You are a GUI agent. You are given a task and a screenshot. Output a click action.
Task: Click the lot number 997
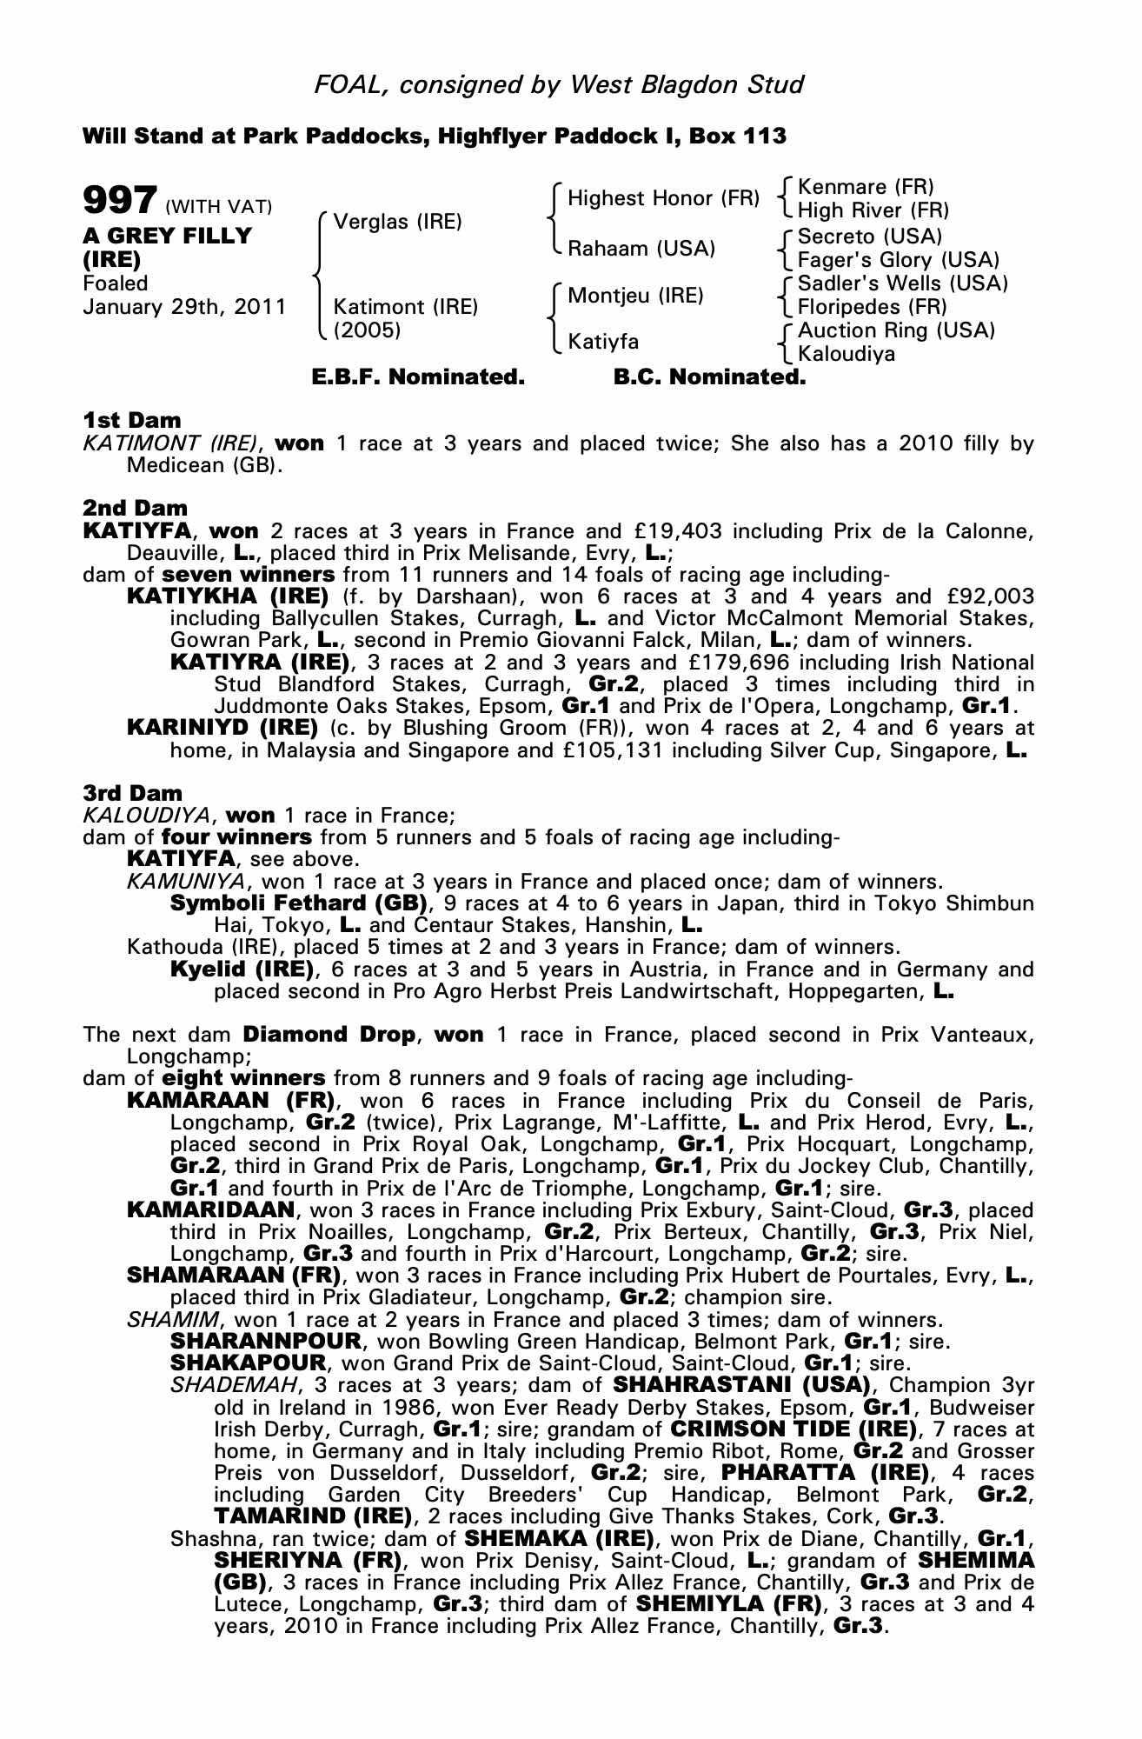click(x=120, y=201)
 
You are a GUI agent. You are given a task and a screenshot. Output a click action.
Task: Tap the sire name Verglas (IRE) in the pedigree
click(x=397, y=222)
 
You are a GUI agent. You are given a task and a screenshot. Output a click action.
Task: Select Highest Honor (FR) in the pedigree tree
click(x=663, y=198)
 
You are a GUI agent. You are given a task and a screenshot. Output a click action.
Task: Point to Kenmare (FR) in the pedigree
click(x=866, y=187)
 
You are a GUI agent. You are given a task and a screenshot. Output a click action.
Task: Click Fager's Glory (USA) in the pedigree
click(x=899, y=260)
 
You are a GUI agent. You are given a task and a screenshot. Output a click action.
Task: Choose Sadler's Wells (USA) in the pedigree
click(x=903, y=283)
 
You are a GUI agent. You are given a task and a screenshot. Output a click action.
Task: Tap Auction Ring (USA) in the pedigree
click(x=896, y=330)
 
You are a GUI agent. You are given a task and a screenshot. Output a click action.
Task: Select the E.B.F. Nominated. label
click(x=418, y=377)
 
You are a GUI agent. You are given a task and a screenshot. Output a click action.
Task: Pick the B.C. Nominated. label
click(x=709, y=377)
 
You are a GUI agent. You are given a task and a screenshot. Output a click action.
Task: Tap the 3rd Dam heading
click(x=132, y=793)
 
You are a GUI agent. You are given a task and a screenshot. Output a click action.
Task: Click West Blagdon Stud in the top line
click(x=687, y=84)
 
